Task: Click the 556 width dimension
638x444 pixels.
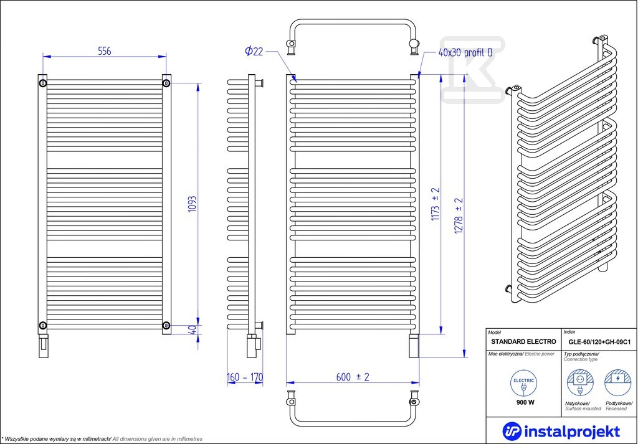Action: click(x=104, y=51)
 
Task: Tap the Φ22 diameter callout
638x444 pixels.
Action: click(x=254, y=52)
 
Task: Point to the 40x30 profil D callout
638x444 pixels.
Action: click(x=465, y=53)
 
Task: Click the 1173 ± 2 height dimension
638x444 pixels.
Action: click(x=436, y=203)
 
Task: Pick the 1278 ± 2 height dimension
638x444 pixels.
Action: click(x=459, y=215)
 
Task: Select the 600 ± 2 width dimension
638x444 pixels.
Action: click(x=353, y=377)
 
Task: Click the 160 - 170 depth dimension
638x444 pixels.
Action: click(x=245, y=377)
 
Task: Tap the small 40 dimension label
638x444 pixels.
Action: click(x=194, y=329)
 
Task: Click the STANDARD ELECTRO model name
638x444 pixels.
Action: click(x=523, y=341)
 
